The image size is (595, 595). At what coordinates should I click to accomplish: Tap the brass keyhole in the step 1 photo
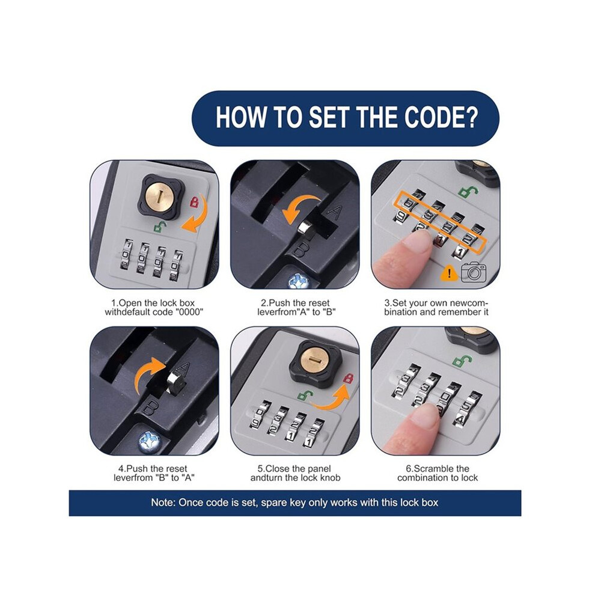pos(160,197)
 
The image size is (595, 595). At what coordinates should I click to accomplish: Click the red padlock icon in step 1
pos(194,201)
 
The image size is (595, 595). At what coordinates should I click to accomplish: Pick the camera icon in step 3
pos(473,272)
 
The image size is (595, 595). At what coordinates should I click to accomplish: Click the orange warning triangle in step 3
pos(450,273)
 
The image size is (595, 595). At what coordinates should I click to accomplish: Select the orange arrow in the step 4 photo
pos(150,373)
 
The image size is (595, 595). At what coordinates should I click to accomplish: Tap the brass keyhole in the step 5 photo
pos(314,360)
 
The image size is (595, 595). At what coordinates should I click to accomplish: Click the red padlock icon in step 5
pos(348,378)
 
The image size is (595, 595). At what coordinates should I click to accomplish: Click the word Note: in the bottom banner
pos(163,502)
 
